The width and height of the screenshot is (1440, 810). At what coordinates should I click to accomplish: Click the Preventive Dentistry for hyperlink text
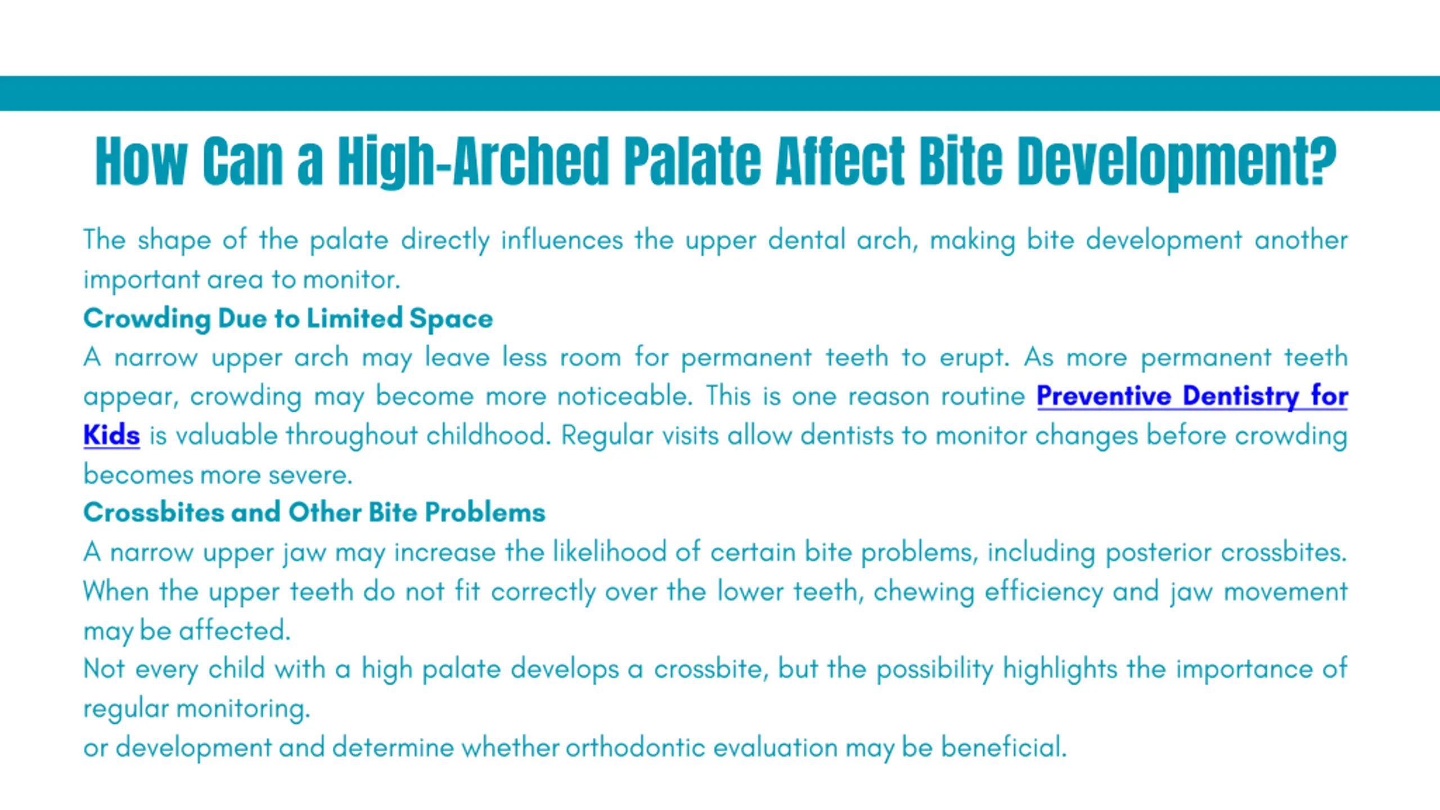click(1192, 396)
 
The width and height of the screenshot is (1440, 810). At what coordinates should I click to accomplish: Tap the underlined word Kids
click(111, 435)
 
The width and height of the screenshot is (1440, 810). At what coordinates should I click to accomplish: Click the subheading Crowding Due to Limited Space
click(288, 319)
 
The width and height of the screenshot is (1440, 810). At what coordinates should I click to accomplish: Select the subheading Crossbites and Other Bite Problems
click(314, 512)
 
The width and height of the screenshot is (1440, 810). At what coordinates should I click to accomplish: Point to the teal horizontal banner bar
click(720, 93)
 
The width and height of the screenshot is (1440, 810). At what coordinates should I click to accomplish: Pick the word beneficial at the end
click(1004, 748)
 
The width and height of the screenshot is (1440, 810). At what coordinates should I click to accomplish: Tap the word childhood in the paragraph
click(489, 435)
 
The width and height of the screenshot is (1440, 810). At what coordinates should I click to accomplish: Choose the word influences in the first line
click(562, 240)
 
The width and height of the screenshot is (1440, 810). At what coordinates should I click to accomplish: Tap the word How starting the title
click(141, 161)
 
